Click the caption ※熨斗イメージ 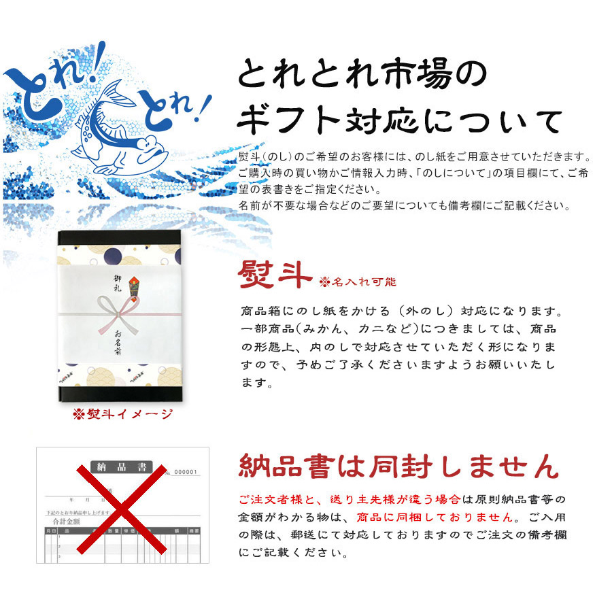point(123,415)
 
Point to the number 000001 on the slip point(186,472)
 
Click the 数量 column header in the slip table point(111,530)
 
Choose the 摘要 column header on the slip point(194,530)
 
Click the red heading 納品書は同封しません point(398,468)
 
